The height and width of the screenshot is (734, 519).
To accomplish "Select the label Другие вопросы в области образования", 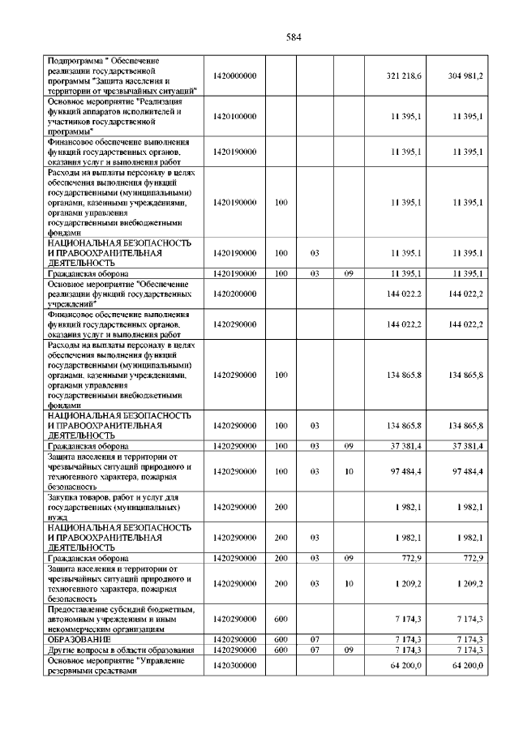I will [x=120, y=650].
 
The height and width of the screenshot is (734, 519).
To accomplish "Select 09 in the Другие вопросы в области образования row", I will [x=349, y=650].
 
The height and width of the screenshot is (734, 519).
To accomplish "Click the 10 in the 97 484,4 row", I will [x=349, y=471].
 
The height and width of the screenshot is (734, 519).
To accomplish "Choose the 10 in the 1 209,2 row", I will [x=349, y=583].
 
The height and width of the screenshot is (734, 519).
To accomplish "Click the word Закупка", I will [x=66, y=496].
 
